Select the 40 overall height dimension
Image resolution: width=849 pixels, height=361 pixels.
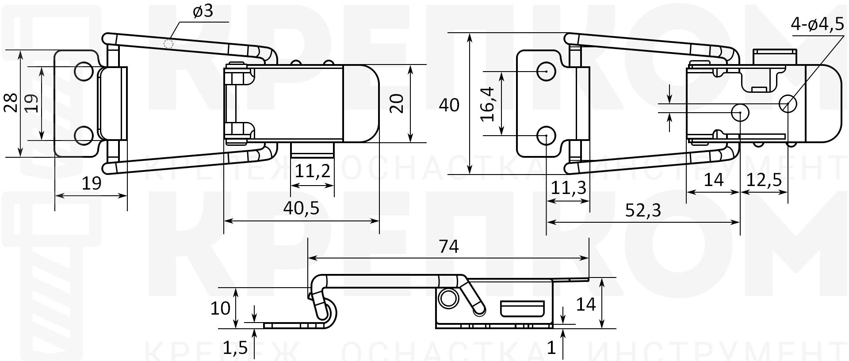tap(449, 105)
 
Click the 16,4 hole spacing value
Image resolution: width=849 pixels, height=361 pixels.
tap(488, 104)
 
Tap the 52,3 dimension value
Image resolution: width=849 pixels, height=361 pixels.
tap(643, 210)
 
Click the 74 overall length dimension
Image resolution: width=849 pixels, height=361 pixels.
tap(448, 246)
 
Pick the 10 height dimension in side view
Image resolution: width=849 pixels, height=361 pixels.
tap(220, 308)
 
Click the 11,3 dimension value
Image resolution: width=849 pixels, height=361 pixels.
tap(568, 188)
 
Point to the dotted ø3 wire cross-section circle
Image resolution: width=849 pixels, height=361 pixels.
tap(168, 43)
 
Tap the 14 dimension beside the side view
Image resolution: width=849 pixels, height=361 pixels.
tap(586, 304)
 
